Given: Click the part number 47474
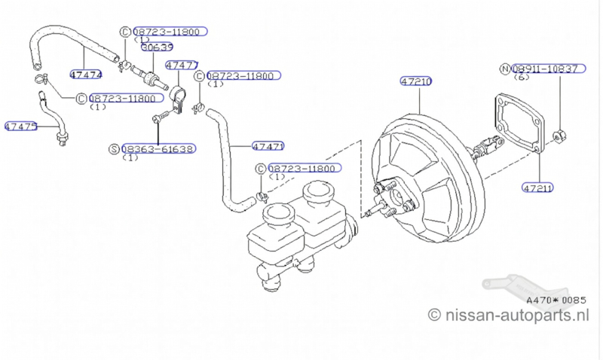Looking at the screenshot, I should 86,74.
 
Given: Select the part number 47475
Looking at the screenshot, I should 21,127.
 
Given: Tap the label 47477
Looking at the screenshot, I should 182,66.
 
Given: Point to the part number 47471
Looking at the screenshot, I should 268,145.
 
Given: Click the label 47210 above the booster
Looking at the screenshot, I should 416,81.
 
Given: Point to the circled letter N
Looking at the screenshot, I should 505,69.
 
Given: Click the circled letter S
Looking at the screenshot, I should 114,149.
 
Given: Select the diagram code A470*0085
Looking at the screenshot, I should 555,299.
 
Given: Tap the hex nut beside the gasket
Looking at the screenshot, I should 558,137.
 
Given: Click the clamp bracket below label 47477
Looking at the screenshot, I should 179,99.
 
